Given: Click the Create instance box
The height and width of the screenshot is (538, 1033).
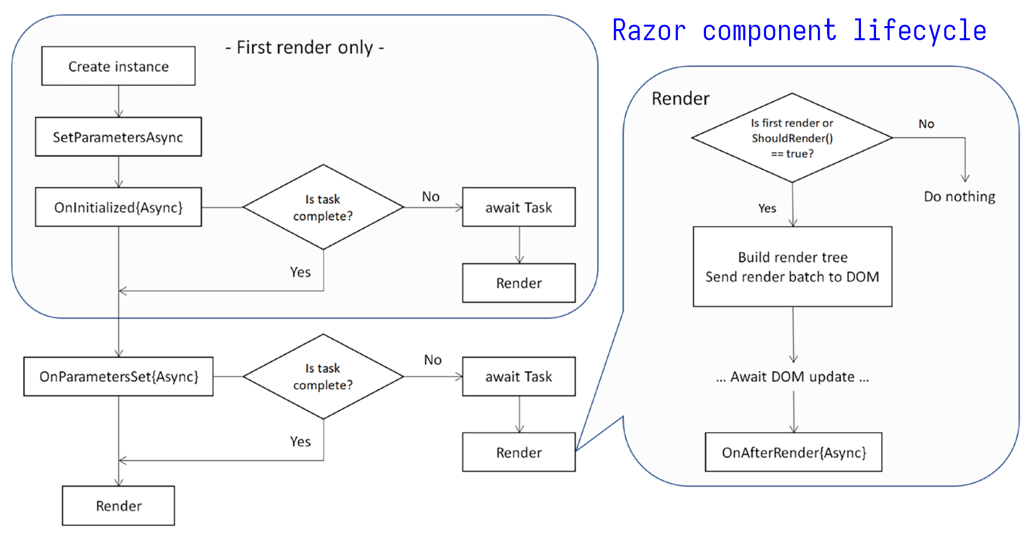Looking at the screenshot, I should pyautogui.click(x=118, y=66).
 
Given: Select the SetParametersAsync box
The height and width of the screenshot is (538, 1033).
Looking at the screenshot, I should pyautogui.click(x=118, y=137).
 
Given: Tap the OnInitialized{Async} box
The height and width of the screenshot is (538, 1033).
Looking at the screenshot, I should pyautogui.click(x=118, y=207).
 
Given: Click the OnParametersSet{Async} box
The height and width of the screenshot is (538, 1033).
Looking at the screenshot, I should pyautogui.click(x=118, y=377).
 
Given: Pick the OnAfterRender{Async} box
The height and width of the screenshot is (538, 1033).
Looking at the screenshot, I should pyautogui.click(x=793, y=452).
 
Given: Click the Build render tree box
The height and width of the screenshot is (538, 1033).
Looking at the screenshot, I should pyautogui.click(x=792, y=266).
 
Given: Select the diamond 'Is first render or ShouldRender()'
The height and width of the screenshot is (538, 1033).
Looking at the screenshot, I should pyautogui.click(x=792, y=138).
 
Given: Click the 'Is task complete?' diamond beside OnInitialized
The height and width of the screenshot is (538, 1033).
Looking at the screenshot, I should pyautogui.click(x=323, y=207).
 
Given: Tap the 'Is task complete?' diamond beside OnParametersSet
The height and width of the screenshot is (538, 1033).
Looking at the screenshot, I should pyautogui.click(x=323, y=377).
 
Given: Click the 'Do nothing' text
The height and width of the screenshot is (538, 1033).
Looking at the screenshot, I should pyautogui.click(x=959, y=197).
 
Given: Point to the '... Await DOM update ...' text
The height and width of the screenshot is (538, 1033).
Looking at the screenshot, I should pyautogui.click(x=793, y=377).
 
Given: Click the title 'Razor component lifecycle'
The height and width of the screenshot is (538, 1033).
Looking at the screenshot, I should pyautogui.click(x=799, y=31).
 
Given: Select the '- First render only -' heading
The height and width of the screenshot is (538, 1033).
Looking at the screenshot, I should pyautogui.click(x=305, y=47).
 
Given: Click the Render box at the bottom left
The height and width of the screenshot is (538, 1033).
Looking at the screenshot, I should pyautogui.click(x=118, y=506).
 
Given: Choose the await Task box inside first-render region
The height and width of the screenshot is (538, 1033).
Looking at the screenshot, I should pyautogui.click(x=518, y=207).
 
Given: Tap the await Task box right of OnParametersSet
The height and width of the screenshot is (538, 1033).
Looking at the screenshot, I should pyautogui.click(x=518, y=377).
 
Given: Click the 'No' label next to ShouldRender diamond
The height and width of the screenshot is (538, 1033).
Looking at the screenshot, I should pyautogui.click(x=926, y=124).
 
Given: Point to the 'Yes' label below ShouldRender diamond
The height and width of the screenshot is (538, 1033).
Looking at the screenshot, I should pyautogui.click(x=767, y=208).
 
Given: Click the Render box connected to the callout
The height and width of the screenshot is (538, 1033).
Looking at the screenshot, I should pyautogui.click(x=518, y=452).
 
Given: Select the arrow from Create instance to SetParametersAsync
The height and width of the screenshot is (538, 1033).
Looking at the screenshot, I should pyautogui.click(x=119, y=102).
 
